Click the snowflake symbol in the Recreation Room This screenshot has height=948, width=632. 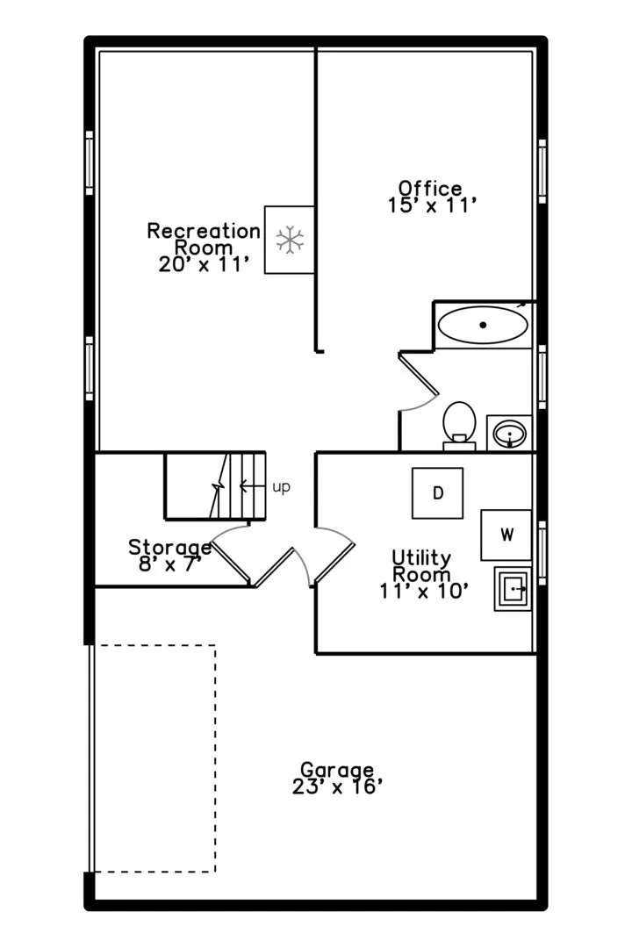pyautogui.click(x=291, y=240)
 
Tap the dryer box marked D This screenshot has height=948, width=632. pyautogui.click(x=438, y=492)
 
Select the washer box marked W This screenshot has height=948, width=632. pyautogui.click(x=506, y=535)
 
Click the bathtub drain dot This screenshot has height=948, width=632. pyautogui.click(x=483, y=325)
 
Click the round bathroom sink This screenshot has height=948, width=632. pyautogui.click(x=510, y=434)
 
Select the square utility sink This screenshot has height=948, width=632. pyautogui.click(x=513, y=588)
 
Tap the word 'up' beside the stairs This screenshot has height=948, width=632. pyautogui.click(x=281, y=486)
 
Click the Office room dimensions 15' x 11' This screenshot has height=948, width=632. pyautogui.click(x=432, y=205)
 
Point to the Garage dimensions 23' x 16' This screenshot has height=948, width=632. pyautogui.click(x=337, y=786)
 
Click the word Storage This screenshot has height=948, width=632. pyautogui.click(x=170, y=548)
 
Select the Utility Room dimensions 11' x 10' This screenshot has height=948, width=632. pyautogui.click(x=424, y=591)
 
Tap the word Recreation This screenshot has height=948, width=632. pyautogui.click(x=204, y=230)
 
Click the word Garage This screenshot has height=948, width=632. pyautogui.click(x=337, y=771)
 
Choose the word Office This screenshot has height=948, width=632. pyautogui.click(x=430, y=188)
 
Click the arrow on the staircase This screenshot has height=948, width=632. pyautogui.click(x=253, y=485)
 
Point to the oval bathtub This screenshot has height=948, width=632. pyautogui.click(x=483, y=326)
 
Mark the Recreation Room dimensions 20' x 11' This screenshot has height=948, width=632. pyautogui.click(x=204, y=264)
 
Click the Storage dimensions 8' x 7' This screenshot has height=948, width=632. pyautogui.click(x=169, y=564)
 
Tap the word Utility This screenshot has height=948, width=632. pyautogui.click(x=421, y=557)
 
